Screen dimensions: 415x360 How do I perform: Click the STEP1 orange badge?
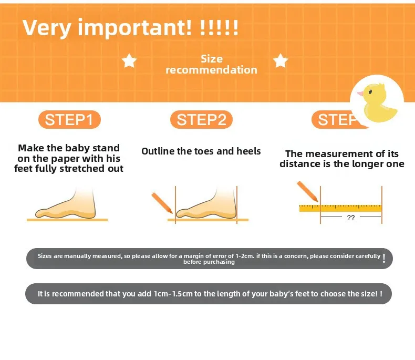point(70,120)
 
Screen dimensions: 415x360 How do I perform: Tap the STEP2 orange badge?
point(201,120)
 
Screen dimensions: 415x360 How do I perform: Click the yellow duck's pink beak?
point(360,93)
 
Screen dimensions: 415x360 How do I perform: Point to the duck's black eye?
point(370,92)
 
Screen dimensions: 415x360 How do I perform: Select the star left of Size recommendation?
point(129,60)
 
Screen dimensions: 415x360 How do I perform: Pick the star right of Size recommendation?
point(281,60)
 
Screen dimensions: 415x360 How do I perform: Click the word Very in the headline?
point(47,28)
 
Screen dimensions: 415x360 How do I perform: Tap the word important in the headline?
point(134,28)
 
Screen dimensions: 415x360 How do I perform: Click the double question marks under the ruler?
point(351,218)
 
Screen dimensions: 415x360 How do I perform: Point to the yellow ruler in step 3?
point(340,208)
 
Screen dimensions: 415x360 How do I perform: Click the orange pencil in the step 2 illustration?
point(162,203)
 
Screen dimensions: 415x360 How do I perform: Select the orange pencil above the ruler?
point(307,191)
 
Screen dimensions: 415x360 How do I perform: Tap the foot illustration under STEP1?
point(66,203)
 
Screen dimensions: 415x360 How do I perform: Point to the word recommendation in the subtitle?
point(212,70)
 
